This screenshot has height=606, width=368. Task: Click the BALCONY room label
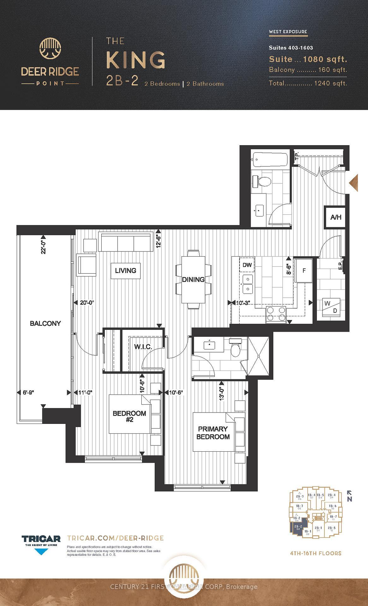point(45,323)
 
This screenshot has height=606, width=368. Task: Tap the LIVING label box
point(126,270)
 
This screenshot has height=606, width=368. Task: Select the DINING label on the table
point(193,279)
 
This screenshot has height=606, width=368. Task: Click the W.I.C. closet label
point(143,347)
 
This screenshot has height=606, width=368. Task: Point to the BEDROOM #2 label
point(129,417)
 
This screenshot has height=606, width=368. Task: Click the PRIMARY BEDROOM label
point(213,433)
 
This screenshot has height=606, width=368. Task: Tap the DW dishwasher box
point(247,265)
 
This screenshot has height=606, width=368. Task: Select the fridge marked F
point(304,271)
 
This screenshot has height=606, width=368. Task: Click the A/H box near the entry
point(336,217)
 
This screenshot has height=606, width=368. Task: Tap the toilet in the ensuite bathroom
point(235,348)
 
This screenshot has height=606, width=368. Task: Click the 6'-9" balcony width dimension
point(28,393)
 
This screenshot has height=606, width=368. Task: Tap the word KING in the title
point(136,60)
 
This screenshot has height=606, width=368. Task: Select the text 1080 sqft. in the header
point(325,59)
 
